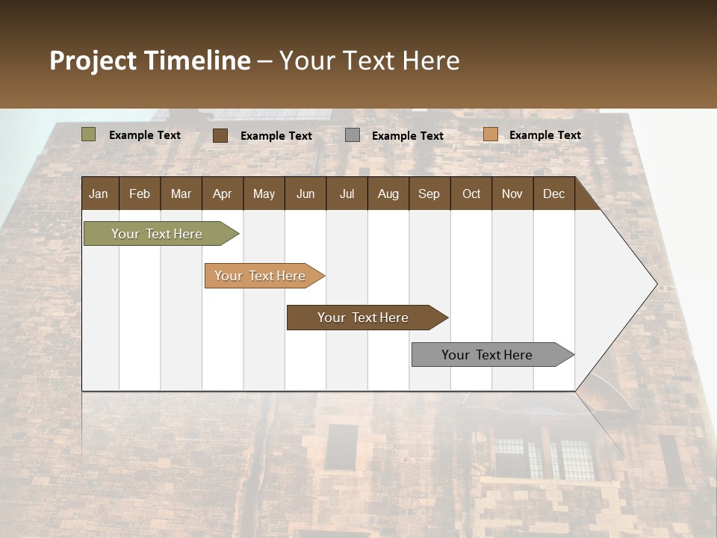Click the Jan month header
(x=99, y=194)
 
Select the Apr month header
(x=222, y=194)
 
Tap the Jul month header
(x=347, y=194)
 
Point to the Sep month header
(x=429, y=194)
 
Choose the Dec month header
(x=553, y=194)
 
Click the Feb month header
(x=140, y=194)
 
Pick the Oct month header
(x=471, y=194)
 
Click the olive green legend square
(x=89, y=134)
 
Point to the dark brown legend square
(x=220, y=135)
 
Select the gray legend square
(x=353, y=135)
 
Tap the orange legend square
(x=490, y=134)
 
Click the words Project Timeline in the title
(x=150, y=61)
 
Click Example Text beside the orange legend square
(x=544, y=135)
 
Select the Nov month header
(x=512, y=194)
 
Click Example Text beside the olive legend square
(x=144, y=135)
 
